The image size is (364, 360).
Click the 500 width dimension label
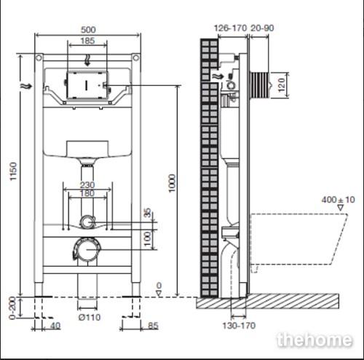pyautogui.click(x=88, y=30)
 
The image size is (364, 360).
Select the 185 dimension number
pyautogui.click(x=87, y=41)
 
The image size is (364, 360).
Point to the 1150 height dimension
pyautogui.click(x=13, y=171)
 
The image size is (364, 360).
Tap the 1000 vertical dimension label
pyautogui.click(x=172, y=183)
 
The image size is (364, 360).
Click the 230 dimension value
pyautogui.click(x=87, y=185)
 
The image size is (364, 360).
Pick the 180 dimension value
pyautogui.click(x=87, y=193)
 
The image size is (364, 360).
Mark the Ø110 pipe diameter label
pyautogui.click(x=90, y=317)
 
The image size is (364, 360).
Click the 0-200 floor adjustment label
pyautogui.click(x=12, y=308)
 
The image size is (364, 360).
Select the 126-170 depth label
pyautogui.click(x=230, y=28)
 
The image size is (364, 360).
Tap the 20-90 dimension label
pyautogui.click(x=262, y=28)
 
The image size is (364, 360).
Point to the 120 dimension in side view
pyautogui.click(x=281, y=85)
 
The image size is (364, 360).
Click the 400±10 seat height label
pyautogui.click(x=339, y=200)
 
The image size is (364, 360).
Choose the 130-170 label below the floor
pyautogui.click(x=239, y=326)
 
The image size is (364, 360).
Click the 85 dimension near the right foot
pyautogui.click(x=153, y=326)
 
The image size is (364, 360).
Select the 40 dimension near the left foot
pyautogui.click(x=55, y=326)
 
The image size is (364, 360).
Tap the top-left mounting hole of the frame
pyautogui.click(x=39, y=58)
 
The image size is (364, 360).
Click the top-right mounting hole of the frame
pyautogui.click(x=136, y=58)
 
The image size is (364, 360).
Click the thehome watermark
pyautogui.click(x=314, y=340)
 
